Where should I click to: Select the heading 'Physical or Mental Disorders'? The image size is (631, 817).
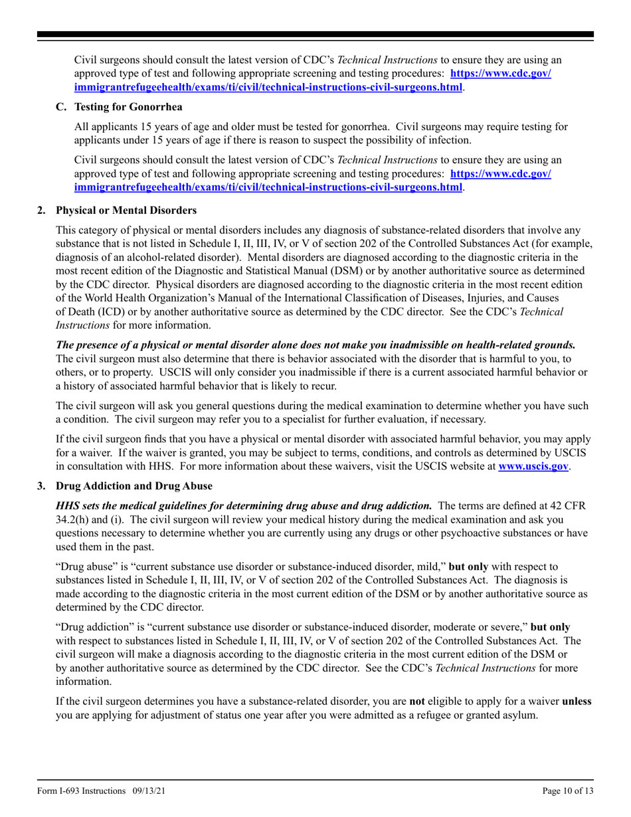coord(126,211)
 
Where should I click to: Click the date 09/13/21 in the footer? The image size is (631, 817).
coord(145,791)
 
